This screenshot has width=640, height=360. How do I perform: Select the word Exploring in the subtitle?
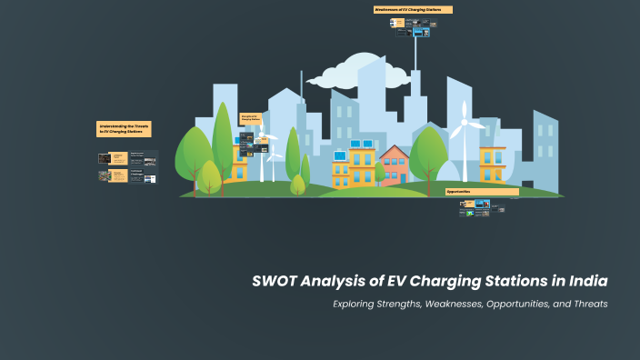(x=358, y=304)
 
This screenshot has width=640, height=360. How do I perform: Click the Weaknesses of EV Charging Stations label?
(x=413, y=10)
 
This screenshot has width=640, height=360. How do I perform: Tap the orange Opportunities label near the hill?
(x=482, y=192)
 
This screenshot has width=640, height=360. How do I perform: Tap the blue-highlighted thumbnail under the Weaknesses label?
(x=419, y=31)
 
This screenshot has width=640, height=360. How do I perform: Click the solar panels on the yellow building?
(x=341, y=156)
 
